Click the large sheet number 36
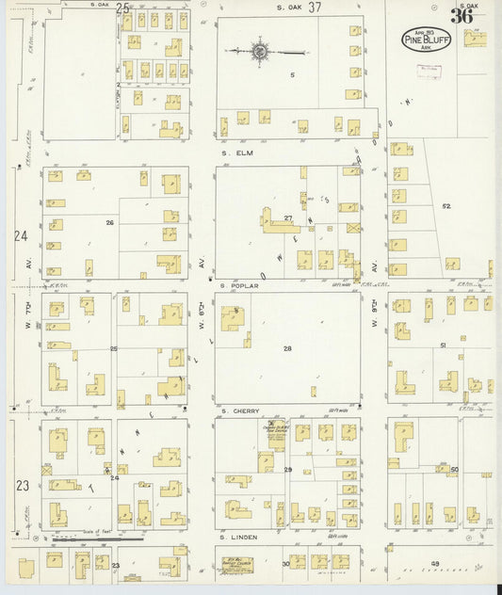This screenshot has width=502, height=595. click(462, 16)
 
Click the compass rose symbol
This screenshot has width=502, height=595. click(259, 51)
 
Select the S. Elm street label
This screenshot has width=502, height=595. click(235, 152)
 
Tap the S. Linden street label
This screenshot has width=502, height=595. click(238, 538)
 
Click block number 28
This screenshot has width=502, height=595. click(288, 348)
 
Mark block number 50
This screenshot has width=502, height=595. click(453, 469)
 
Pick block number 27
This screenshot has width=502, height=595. click(289, 218)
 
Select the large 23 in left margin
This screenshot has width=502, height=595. click(22, 486)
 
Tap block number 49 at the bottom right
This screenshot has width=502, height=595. click(435, 563)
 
